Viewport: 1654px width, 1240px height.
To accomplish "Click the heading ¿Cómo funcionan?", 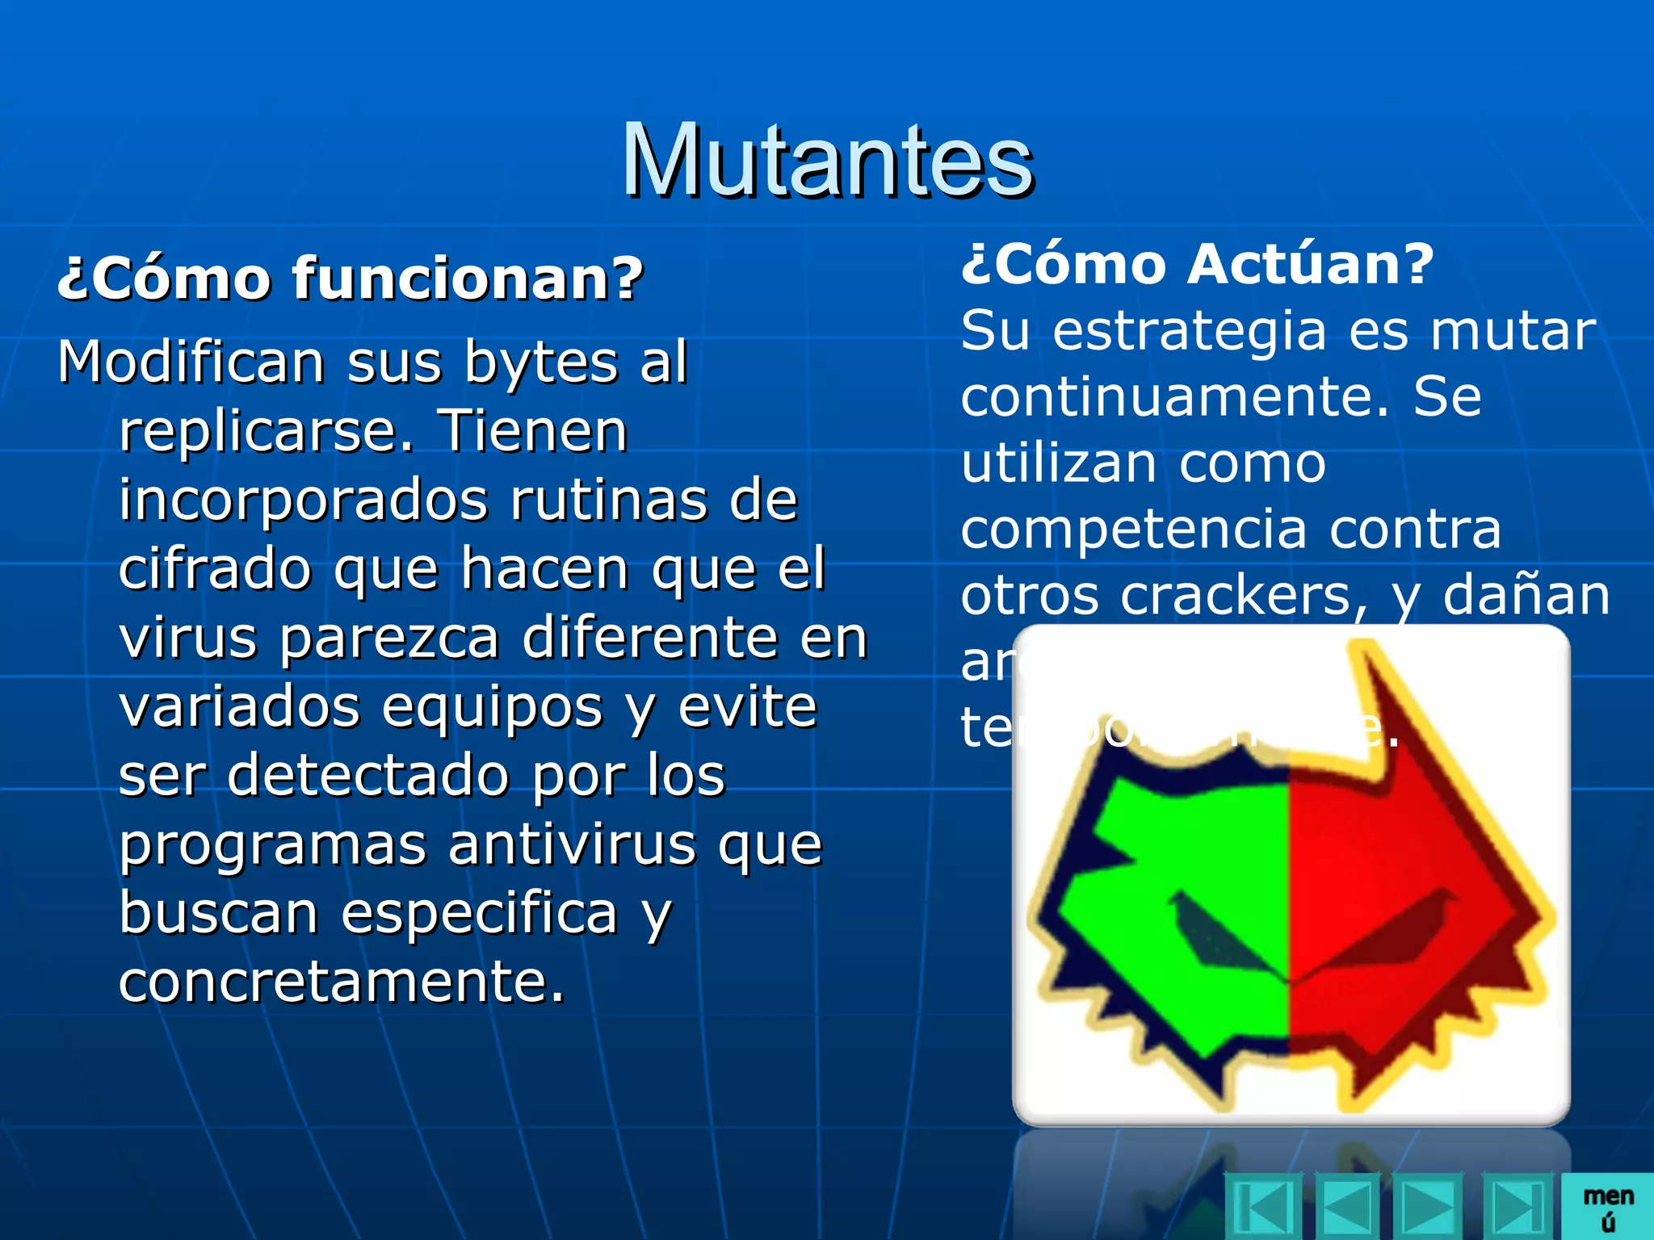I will click(350, 279).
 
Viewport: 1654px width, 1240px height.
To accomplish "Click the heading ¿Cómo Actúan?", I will click(1197, 264).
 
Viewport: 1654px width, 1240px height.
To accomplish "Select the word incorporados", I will click(303, 501).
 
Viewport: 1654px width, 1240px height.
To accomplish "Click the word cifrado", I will click(215, 569).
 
